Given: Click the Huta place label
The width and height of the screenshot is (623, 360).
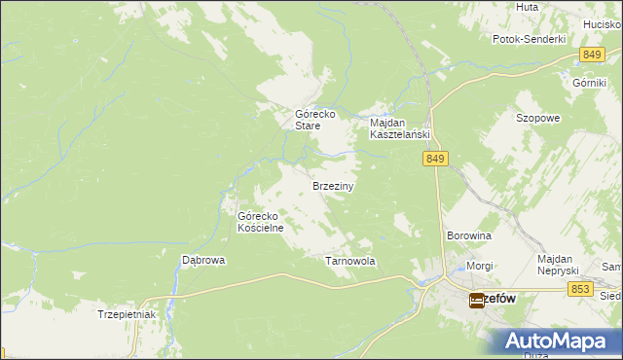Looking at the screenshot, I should [527, 7].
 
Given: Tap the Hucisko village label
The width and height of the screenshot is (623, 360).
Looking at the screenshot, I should [604, 22].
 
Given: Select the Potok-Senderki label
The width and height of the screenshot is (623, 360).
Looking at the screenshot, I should [530, 40].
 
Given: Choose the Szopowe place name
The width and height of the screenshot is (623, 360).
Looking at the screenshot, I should [537, 118].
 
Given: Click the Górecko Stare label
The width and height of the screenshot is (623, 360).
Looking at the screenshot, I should [315, 120].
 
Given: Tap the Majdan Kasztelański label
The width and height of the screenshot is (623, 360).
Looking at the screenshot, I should [399, 129].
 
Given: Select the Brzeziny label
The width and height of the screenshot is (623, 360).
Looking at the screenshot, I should [332, 185].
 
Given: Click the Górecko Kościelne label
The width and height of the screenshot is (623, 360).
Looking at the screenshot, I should [261, 222].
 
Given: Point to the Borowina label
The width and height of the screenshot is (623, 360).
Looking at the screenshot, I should [468, 235].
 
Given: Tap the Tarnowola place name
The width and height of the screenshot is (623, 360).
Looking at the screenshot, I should [349, 262].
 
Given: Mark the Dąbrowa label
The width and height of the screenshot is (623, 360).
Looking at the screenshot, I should [204, 261].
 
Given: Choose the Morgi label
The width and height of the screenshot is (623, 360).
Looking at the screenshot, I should [479, 266].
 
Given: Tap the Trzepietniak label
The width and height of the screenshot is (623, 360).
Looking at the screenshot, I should [127, 314].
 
